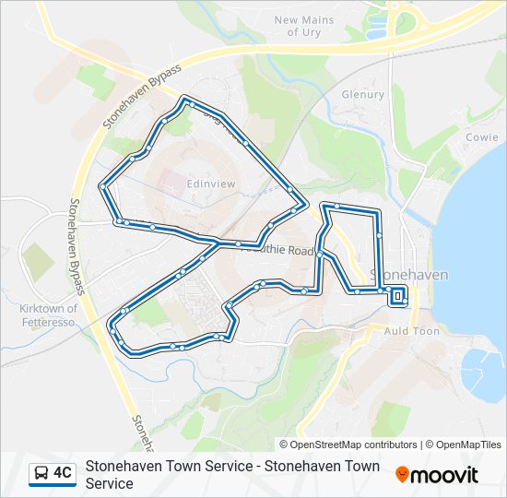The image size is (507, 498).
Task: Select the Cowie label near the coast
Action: coord(481,136)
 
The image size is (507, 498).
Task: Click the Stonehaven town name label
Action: coord(408,275)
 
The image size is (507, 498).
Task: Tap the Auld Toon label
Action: coord(411,330)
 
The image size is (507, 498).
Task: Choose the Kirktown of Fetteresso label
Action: coord(48,314)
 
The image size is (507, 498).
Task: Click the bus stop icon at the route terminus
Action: coord(397,295)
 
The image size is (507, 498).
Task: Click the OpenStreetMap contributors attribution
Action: coord(354,445)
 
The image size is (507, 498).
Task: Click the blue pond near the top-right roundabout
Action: coord(376,33)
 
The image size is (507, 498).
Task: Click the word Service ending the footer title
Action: coord(110,483)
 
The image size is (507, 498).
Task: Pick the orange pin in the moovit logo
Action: coord(403,475)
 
